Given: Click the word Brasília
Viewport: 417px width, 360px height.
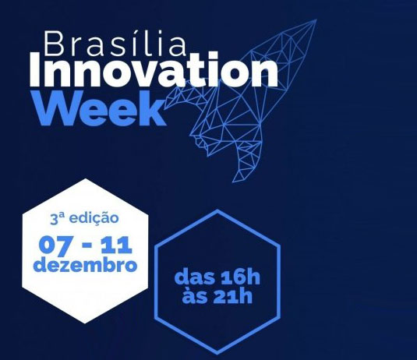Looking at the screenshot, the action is point(115,43).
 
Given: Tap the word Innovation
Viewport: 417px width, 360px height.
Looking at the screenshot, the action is point(154,70).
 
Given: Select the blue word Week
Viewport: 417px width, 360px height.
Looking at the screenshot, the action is point(100,108).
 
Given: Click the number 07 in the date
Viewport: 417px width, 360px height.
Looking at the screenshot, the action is point(55,247).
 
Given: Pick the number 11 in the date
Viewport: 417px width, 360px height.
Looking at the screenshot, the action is point(116,245).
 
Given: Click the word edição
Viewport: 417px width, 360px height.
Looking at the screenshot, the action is point(94,218).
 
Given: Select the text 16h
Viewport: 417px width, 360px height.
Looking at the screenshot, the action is point(240,277).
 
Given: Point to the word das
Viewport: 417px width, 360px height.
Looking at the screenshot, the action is point(195,277).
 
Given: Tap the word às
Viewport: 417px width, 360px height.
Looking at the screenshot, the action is point(195,295).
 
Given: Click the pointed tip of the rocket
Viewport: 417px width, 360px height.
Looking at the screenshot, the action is point(316,19).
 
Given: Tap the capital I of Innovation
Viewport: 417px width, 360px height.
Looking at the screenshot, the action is point(35,69).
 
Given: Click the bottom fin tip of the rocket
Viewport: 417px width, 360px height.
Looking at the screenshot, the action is point(233,182).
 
